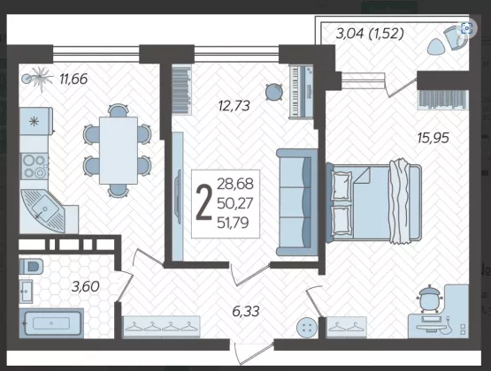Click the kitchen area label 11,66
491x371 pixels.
click(73, 79)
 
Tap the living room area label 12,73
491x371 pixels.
click(234, 106)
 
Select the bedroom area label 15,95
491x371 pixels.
click(433, 138)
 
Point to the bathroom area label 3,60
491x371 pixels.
click(86, 286)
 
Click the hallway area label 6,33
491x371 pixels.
click(246, 311)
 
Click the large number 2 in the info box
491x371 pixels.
click(203, 202)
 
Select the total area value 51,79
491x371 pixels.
click(233, 223)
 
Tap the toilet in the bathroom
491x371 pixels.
click(31, 266)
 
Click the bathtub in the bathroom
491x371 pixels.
click(51, 323)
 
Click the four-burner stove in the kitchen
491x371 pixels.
click(35, 166)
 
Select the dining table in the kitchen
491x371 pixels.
click(119, 150)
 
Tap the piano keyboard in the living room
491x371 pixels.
click(301, 91)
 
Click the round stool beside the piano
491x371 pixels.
click(274, 92)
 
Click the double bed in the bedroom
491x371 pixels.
click(373, 202)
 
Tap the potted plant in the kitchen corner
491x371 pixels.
click(37, 79)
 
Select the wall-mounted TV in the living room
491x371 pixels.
click(179, 196)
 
